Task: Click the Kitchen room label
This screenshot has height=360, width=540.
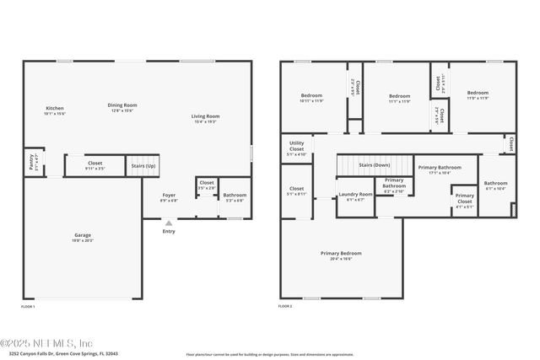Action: [55, 108]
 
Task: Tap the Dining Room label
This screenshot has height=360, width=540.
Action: [122, 105]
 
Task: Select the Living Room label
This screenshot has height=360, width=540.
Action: [205, 116]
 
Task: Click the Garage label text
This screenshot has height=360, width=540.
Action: [83, 235]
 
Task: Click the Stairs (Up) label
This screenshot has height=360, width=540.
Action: [143, 166]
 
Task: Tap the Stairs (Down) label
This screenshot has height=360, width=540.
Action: [375, 165]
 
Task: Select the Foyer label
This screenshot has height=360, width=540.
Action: [170, 195]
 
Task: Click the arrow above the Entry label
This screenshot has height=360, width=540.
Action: [169, 223]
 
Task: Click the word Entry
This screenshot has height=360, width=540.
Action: [169, 231]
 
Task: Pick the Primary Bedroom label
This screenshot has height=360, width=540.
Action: [341, 253]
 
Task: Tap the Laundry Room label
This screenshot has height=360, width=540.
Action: [355, 195]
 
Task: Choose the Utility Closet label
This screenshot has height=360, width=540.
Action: [296, 147]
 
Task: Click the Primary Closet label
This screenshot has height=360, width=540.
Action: [464, 197]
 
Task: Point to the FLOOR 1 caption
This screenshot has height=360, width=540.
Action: [28, 307]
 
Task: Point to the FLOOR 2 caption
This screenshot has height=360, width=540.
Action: [285, 307]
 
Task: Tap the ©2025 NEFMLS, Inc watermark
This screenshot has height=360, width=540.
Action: [46, 342]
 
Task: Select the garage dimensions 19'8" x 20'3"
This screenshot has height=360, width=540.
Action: [83, 241]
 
